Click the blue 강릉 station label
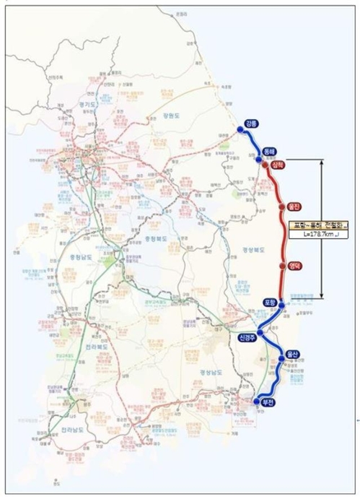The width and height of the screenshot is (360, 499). (x=250, y=123)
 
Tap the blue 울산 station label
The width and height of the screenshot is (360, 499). (x=291, y=353)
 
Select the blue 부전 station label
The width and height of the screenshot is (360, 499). (x=268, y=402)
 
